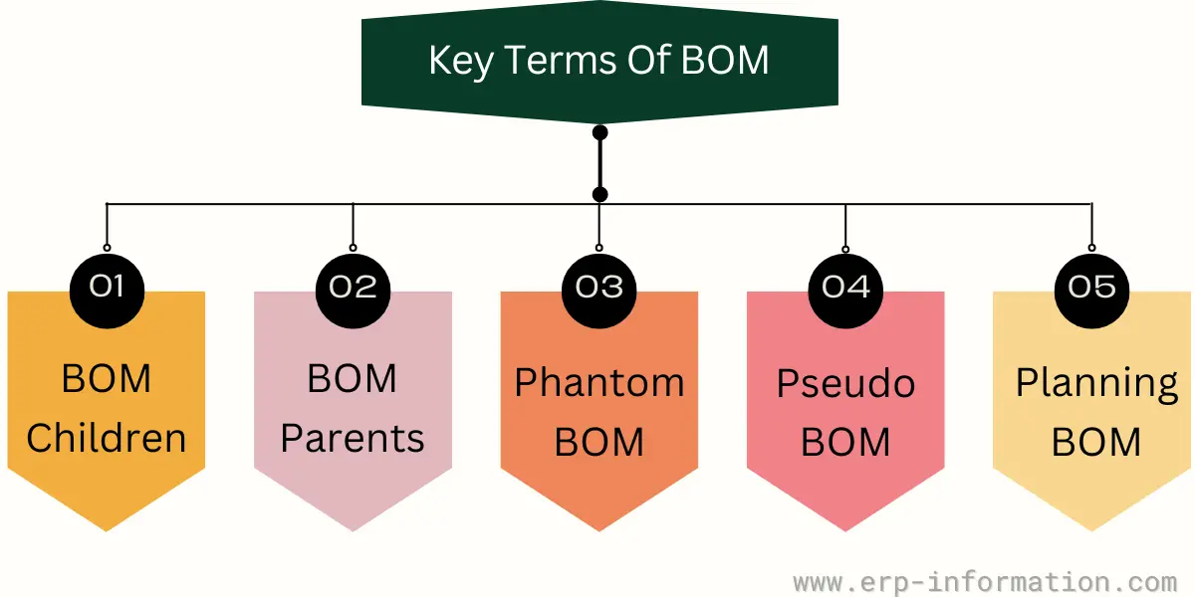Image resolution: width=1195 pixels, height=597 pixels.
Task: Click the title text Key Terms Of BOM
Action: coord(598,60)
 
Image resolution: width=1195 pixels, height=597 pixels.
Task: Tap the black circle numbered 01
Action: coord(107,291)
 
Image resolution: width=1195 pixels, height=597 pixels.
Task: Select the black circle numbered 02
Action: coord(354,291)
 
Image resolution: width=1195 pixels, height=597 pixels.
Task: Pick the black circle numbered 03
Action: coord(599,291)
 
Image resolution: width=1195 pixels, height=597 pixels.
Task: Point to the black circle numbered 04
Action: coord(845,291)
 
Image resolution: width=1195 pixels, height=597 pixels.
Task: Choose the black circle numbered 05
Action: coord(1092,291)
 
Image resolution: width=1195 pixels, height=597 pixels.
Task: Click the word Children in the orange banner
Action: coord(107,438)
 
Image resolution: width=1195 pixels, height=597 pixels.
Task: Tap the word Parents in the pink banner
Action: coord(353,438)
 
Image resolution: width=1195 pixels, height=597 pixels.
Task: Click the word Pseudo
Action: coord(845,383)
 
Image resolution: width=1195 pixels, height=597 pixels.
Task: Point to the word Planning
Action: coord(1096,384)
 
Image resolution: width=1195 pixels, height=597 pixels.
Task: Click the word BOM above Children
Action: coord(107,378)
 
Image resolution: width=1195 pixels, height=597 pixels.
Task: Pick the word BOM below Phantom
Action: coord(599,442)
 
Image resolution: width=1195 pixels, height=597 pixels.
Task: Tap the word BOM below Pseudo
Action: coord(845,442)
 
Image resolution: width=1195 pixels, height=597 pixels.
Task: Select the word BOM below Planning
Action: coord(1096,442)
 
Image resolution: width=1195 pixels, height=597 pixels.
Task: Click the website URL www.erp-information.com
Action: coord(985,582)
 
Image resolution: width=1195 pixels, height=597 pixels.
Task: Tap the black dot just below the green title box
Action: coord(600,132)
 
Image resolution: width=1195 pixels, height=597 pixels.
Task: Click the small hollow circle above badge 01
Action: coord(107,248)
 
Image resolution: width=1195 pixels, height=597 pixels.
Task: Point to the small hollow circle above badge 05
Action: coord(1092,248)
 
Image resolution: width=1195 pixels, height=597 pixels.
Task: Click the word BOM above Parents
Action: coord(353,378)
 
